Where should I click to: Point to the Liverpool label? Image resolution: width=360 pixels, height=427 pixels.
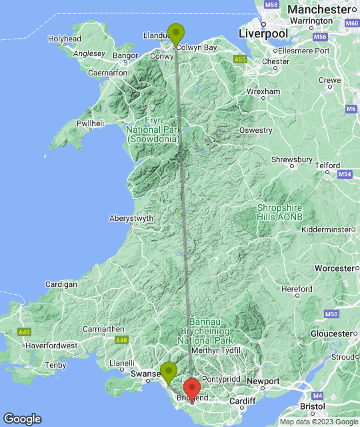pyautogui.click(x=263, y=33)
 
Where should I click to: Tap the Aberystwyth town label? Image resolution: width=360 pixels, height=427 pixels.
pyautogui.click(x=131, y=218)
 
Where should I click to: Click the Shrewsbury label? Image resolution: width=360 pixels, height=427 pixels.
pyautogui.click(x=292, y=159)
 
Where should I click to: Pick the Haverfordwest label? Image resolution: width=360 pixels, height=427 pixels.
pyautogui.click(x=51, y=346)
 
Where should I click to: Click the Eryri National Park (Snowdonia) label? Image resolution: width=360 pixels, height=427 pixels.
pyautogui.click(x=153, y=129)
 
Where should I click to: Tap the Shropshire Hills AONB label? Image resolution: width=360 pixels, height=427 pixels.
pyautogui.click(x=279, y=212)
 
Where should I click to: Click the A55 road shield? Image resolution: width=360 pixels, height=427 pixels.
pyautogui.click(x=240, y=60)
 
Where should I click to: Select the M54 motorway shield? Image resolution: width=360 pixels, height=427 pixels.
pyautogui.click(x=344, y=174)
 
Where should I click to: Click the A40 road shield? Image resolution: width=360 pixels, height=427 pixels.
pyautogui.click(x=25, y=332)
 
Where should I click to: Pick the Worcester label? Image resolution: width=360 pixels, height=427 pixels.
pyautogui.click(x=333, y=268)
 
